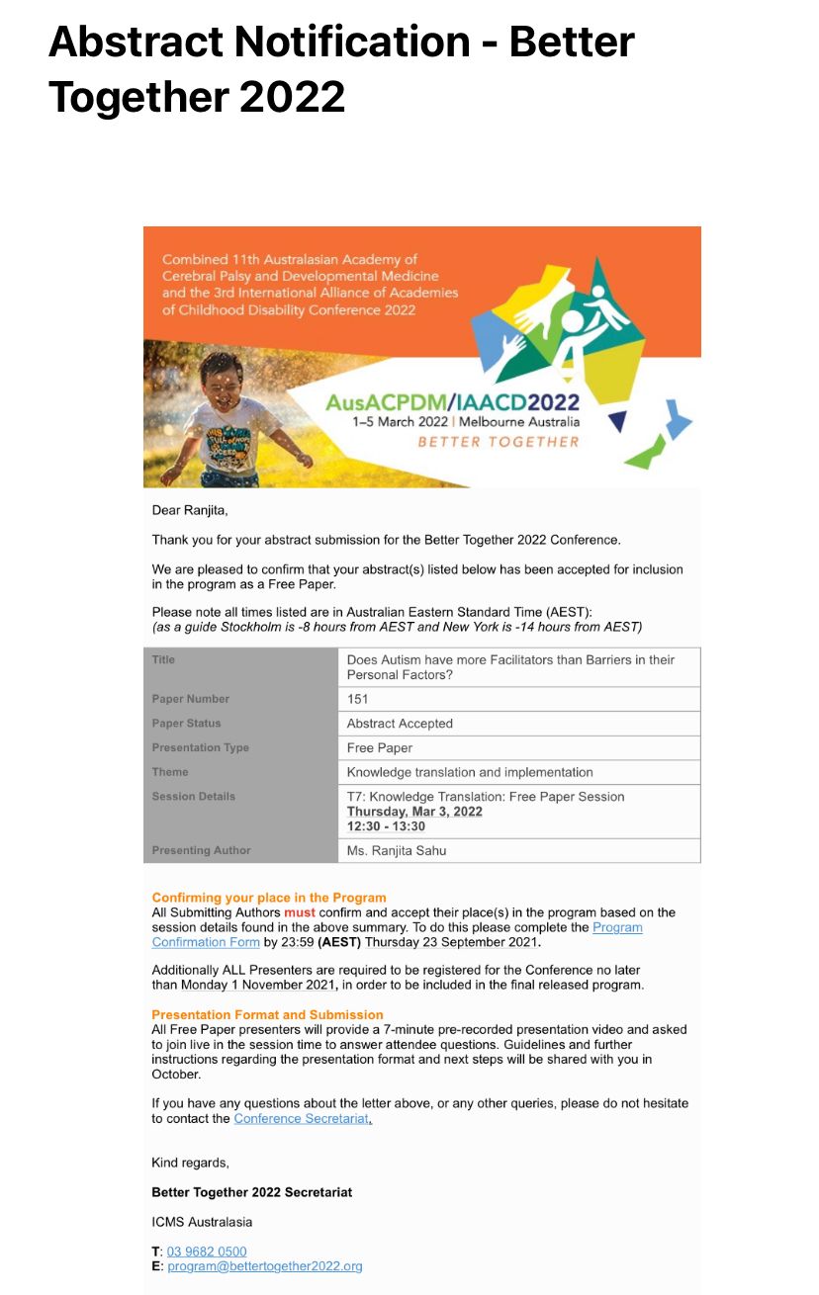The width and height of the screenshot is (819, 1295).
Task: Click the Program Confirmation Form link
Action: point(617,927)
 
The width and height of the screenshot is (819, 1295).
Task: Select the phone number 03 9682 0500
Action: point(207,1251)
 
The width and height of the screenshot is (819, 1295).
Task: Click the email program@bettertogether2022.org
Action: point(265,1265)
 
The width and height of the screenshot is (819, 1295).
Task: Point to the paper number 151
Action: point(357,699)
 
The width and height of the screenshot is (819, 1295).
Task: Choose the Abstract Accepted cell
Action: point(400,724)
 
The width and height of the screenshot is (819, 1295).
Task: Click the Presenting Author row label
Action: point(201,850)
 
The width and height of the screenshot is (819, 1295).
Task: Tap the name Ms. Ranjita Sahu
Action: point(396,850)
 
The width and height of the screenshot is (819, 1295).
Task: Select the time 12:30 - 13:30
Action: point(386,826)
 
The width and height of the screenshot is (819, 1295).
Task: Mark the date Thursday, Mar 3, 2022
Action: point(414,812)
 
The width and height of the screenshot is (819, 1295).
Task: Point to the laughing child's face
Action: point(221,381)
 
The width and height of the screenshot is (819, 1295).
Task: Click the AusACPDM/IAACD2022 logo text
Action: point(453,402)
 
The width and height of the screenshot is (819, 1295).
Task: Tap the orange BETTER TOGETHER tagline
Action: point(499,441)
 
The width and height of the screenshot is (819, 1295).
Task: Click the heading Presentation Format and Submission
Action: point(267,1014)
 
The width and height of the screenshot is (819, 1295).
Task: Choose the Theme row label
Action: point(170,772)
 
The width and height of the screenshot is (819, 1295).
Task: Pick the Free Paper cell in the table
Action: point(380,748)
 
